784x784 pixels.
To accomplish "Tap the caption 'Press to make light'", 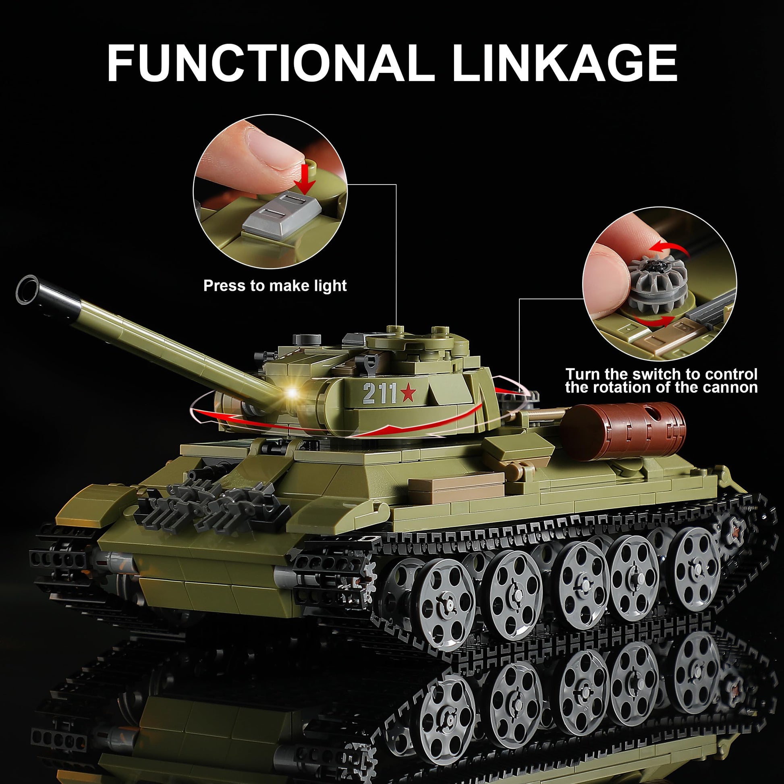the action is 275,286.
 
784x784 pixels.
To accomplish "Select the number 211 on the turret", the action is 380,393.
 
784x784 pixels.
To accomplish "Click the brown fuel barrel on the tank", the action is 623,431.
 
